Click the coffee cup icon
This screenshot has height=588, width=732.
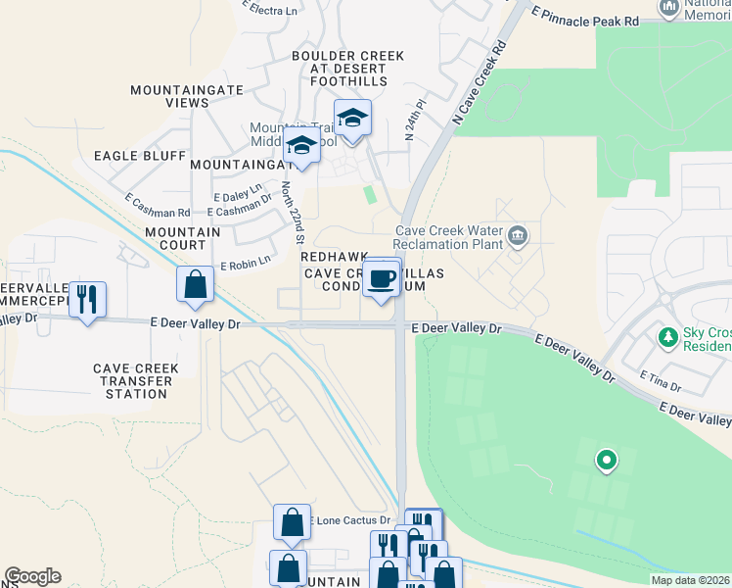point(381,278)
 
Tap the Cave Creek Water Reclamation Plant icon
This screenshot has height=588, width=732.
point(518,236)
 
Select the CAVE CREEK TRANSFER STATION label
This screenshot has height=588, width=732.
point(136,381)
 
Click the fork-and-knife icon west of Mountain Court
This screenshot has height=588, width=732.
point(88,300)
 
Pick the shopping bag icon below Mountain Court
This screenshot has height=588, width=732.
point(196,285)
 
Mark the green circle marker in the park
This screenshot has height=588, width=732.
point(607,459)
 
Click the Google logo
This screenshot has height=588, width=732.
point(32,576)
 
